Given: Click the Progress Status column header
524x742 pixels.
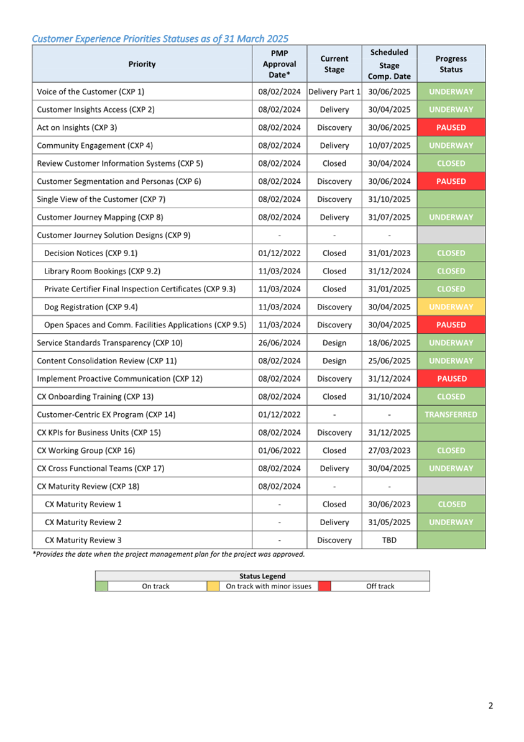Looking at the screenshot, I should click(x=451, y=64).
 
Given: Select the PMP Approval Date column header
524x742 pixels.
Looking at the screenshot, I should click(x=279, y=64).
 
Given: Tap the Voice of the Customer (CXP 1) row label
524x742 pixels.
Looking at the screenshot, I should click(x=91, y=92).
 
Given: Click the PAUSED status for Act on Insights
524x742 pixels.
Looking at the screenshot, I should click(x=451, y=127).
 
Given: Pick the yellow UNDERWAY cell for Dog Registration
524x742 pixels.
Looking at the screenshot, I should click(x=451, y=307).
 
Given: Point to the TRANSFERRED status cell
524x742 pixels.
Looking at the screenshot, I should click(x=451, y=415).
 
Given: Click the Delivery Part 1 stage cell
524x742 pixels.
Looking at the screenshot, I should click(x=334, y=92).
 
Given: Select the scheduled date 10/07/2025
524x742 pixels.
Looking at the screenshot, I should click(x=389, y=145).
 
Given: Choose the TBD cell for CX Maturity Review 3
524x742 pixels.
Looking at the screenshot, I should click(x=389, y=541).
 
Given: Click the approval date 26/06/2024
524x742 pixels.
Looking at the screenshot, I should click(x=279, y=343).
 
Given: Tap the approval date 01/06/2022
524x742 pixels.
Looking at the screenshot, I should click(x=279, y=451).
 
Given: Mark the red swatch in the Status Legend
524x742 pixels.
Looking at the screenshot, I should click(x=324, y=586).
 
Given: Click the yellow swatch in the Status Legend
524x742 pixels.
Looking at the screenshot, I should click(x=213, y=586).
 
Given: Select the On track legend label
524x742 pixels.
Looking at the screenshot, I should click(x=155, y=587).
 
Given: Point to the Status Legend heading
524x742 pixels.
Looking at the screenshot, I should click(x=262, y=576).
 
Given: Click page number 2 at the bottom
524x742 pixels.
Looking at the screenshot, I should click(x=490, y=705).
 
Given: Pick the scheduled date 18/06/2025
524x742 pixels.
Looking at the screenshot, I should click(x=389, y=343).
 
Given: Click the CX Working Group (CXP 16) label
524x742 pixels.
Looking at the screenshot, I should click(x=86, y=451).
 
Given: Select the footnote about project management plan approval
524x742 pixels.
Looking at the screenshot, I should click(x=168, y=554).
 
